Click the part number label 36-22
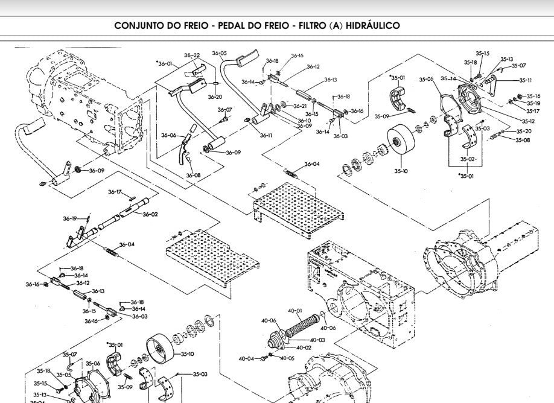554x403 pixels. pos(192,56)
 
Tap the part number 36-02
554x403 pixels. pos(150,214)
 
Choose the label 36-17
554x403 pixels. pos(115,192)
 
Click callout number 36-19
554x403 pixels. pos(70,218)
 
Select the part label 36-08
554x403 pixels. pos(193,176)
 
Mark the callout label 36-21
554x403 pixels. pos(300,106)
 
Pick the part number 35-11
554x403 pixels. pos(525,80)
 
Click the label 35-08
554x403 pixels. pos(523,140)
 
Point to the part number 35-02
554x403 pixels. pos(468,159)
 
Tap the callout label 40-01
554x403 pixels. pos(295,311)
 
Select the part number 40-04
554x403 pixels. pos(246,358)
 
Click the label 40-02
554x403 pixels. pos(304,347)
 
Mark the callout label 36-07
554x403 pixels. pos(224,110)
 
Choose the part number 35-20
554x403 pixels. pos(524,131)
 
